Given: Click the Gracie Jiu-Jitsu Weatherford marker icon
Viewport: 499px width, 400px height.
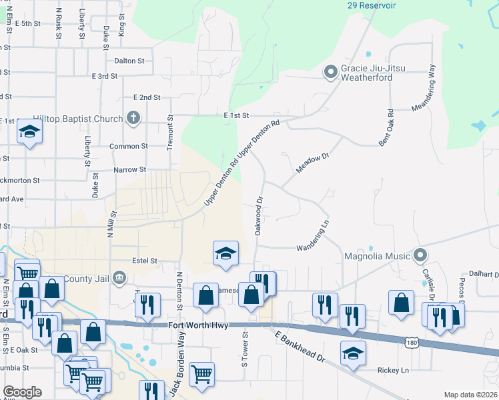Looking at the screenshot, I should [330, 72].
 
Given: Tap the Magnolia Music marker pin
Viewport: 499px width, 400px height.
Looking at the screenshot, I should [420, 255].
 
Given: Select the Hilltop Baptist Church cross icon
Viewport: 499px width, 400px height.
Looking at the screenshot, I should [133, 119].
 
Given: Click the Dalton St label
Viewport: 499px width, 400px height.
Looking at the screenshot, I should [129, 61].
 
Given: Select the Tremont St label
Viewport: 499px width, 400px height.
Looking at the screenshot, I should [170, 127].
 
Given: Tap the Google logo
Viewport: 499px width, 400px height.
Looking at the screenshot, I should [23, 392].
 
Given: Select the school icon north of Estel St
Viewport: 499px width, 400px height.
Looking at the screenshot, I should [225, 253].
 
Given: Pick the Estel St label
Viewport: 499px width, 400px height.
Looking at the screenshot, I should [144, 261].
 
